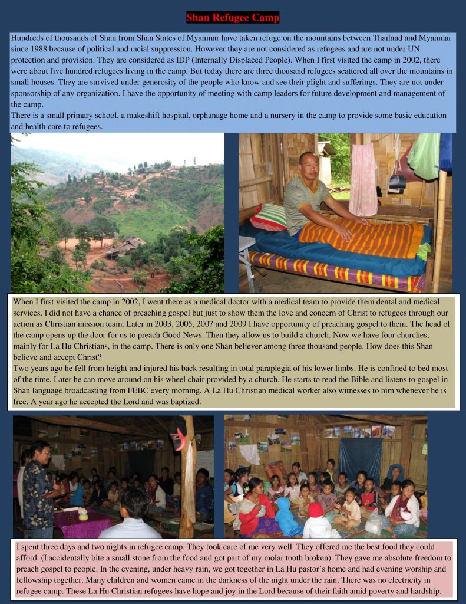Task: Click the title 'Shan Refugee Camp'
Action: (233, 18)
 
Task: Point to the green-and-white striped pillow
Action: (269, 217)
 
